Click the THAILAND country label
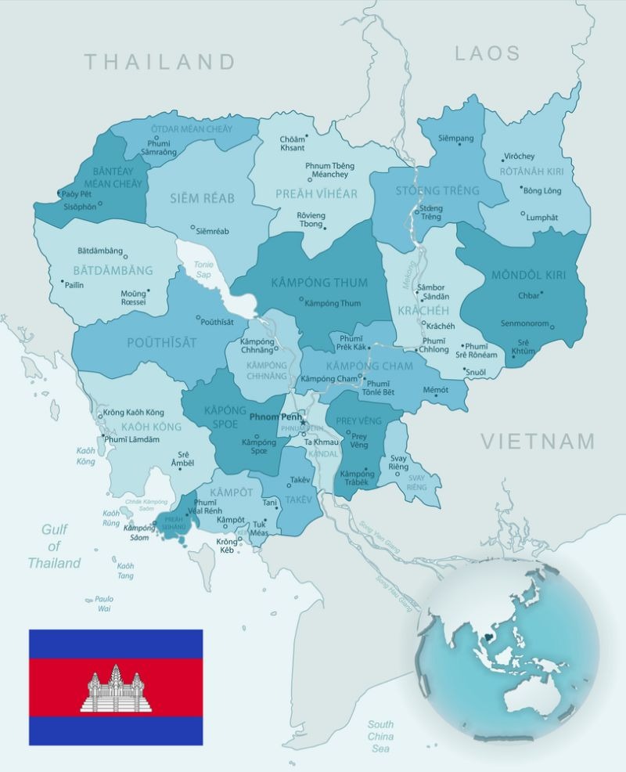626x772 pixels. (160, 62)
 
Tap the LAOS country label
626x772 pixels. (487, 53)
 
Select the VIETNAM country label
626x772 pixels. (538, 442)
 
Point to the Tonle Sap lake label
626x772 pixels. (203, 269)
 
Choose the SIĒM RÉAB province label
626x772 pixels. (203, 198)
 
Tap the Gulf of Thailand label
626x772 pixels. (54, 546)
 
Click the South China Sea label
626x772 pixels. (381, 736)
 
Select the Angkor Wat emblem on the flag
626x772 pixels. (115, 689)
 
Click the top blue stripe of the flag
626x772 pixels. (116, 644)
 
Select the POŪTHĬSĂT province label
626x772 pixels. (162, 343)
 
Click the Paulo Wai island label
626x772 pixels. (105, 603)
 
